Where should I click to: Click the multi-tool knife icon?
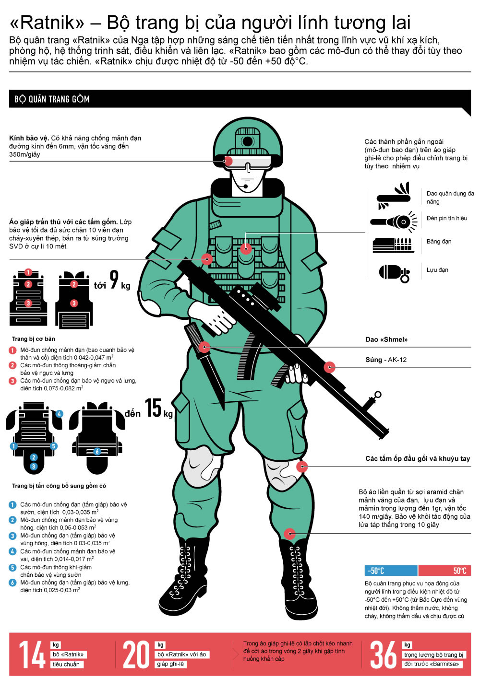pos(394,196)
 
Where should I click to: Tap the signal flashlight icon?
pos(394,222)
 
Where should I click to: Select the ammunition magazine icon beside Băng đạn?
pos(393,245)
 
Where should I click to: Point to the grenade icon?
pos(395,273)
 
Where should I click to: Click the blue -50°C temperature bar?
pos(391,571)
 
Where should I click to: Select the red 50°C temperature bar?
pos(444,571)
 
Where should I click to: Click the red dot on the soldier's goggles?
pos(228,161)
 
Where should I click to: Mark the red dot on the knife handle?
pos(204,347)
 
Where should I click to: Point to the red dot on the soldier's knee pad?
pos(302,467)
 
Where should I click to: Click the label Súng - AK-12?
pos(386,360)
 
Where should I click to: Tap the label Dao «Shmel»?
pos(386,339)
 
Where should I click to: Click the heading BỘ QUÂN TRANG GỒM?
pos(52,99)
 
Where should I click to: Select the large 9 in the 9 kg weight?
pos(114,280)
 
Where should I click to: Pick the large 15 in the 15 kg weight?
pos(153,408)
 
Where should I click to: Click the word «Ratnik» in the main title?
pos(47,23)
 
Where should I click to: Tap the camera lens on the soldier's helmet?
pos(248,141)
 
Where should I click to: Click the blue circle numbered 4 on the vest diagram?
pos(59,414)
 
